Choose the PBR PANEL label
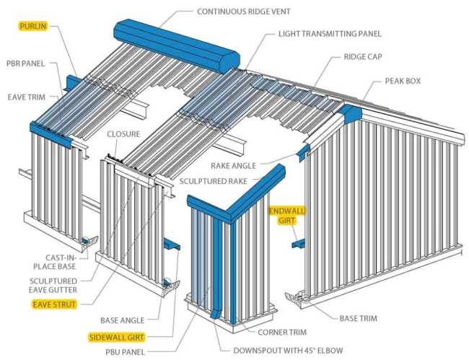26,63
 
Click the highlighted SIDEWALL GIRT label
116,337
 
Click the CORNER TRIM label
280,333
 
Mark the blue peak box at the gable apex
351,113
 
